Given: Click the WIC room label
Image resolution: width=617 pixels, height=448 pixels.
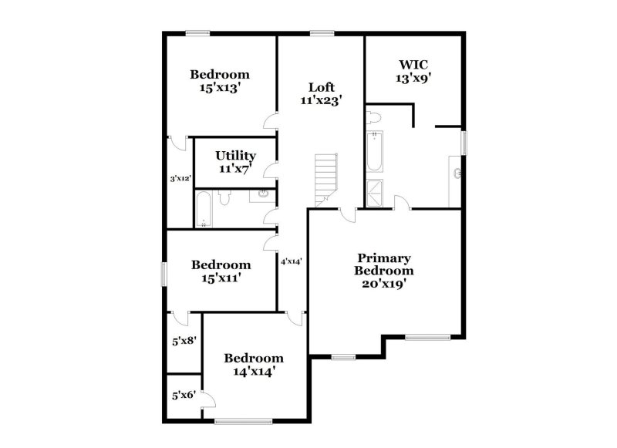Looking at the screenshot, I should (x=413, y=71).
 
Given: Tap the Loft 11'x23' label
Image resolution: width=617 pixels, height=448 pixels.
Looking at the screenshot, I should (x=321, y=93).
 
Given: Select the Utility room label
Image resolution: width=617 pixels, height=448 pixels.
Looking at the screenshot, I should (x=235, y=161).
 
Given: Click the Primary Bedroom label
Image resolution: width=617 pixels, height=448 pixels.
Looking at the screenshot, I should (x=383, y=270).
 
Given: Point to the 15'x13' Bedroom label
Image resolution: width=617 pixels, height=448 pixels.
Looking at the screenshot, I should (x=220, y=81).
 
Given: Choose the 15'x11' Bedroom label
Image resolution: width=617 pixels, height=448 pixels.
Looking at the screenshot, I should (x=221, y=271).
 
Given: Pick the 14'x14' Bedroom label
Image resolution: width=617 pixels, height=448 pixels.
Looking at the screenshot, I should (x=253, y=365).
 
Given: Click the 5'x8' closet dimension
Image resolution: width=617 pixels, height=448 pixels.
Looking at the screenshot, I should (x=184, y=339).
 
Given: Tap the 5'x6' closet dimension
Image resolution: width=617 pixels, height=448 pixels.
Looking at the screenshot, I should (x=184, y=395).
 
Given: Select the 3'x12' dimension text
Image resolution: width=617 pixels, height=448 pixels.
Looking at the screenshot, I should (x=180, y=179).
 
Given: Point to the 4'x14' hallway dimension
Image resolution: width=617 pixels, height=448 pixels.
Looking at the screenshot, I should (x=291, y=261).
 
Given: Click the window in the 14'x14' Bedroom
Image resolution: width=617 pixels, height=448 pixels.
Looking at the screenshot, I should (x=244, y=421).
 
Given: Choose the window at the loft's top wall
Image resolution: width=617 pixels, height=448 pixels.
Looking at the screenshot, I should (x=321, y=32).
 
